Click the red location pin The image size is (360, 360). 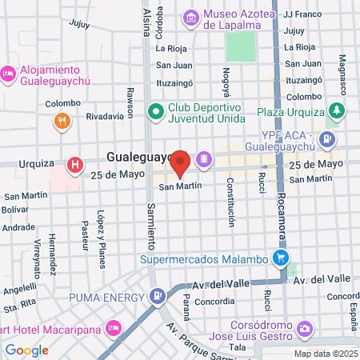tap(181, 162)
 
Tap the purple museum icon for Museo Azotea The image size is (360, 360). tap(191, 16)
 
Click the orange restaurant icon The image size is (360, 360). tap(62, 122)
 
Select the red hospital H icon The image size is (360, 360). tap(74, 166)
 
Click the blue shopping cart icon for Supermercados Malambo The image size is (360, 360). tap(280, 258)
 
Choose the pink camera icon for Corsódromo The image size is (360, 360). tap(304, 328)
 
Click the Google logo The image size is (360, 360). tap(26, 350)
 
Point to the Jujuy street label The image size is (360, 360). tap(79, 24)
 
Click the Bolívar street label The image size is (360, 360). tap(15, 209)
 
